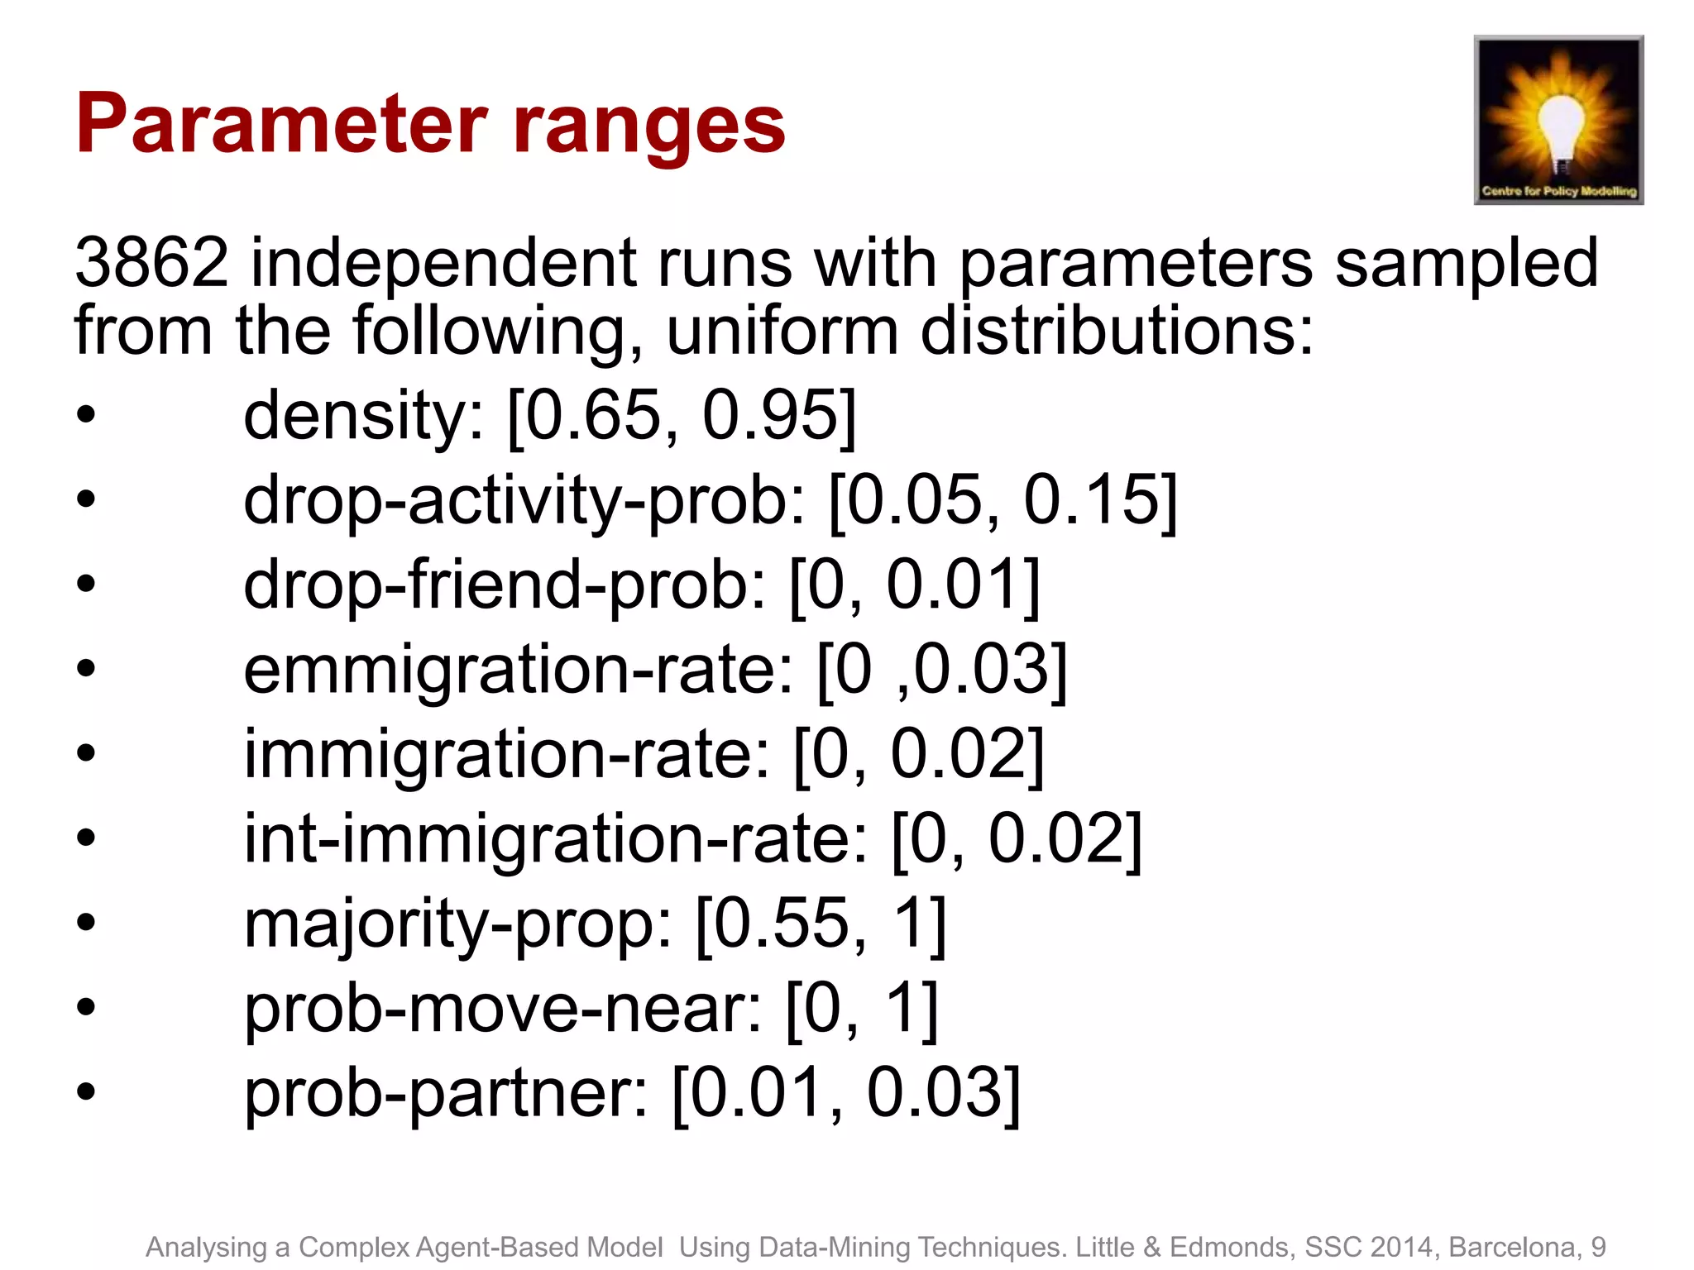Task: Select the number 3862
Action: click(x=151, y=263)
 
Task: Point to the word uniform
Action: click(x=782, y=331)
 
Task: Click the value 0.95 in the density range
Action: click(x=769, y=415)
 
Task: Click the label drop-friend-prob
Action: click(x=505, y=585)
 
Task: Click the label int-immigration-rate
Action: click(x=554, y=839)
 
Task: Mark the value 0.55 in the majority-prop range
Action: click(x=782, y=924)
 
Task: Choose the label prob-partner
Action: click(x=445, y=1094)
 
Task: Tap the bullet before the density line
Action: click(x=86, y=415)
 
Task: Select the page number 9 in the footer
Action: click(x=1598, y=1247)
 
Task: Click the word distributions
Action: click(x=1117, y=331)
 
